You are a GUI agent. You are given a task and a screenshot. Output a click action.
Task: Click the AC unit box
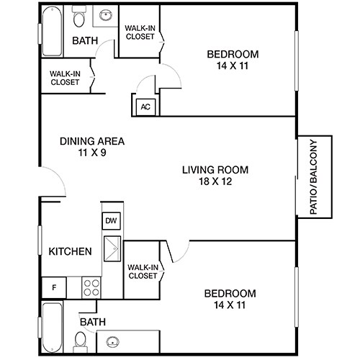tap(145, 107)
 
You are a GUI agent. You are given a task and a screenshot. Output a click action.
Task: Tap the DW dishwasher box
tap(111, 221)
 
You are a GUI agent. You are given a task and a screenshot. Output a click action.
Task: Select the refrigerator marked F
tap(53, 287)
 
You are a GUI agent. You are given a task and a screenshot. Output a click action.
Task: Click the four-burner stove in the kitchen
tap(92, 288)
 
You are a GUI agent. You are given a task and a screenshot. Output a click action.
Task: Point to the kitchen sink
tap(112, 251)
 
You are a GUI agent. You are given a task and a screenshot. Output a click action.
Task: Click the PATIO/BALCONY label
tap(314, 176)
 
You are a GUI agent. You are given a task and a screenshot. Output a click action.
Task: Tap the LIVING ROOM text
tap(215, 170)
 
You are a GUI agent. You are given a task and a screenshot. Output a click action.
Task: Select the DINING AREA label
tap(92, 141)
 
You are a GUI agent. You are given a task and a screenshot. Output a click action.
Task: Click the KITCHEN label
tap(70, 251)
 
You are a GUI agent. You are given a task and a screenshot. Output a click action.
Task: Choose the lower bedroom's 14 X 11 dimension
tap(230, 305)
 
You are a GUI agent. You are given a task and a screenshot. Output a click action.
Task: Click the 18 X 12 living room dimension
tap(215, 181)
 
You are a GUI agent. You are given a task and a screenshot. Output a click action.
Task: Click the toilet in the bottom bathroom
tap(81, 338)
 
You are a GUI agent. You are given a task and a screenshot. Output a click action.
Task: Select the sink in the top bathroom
tap(107, 14)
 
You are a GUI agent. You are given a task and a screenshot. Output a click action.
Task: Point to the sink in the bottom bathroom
tap(113, 342)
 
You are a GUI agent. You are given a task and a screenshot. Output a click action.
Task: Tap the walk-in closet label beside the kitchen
tap(143, 271)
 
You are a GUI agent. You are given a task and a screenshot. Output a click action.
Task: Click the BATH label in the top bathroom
tap(85, 41)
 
